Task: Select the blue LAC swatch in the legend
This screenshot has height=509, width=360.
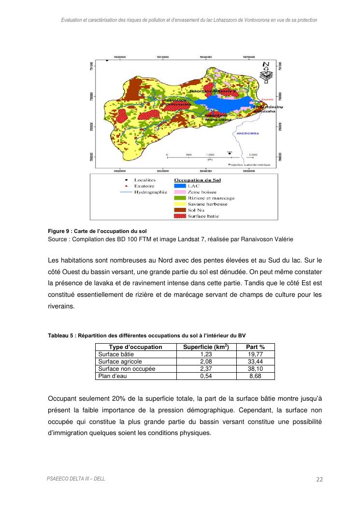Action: pos(179,186)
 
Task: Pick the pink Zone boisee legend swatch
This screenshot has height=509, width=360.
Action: pos(179,192)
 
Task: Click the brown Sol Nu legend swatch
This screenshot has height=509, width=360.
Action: pos(179,210)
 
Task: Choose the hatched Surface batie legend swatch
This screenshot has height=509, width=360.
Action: pos(179,216)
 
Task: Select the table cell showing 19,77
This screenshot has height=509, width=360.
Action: pos(255,354)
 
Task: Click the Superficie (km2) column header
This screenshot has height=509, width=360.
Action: pos(206,347)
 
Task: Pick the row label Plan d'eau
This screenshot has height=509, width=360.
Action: pos(113,376)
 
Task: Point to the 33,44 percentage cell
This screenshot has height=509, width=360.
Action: pos(255,362)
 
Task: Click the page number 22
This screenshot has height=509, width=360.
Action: pos(319,480)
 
